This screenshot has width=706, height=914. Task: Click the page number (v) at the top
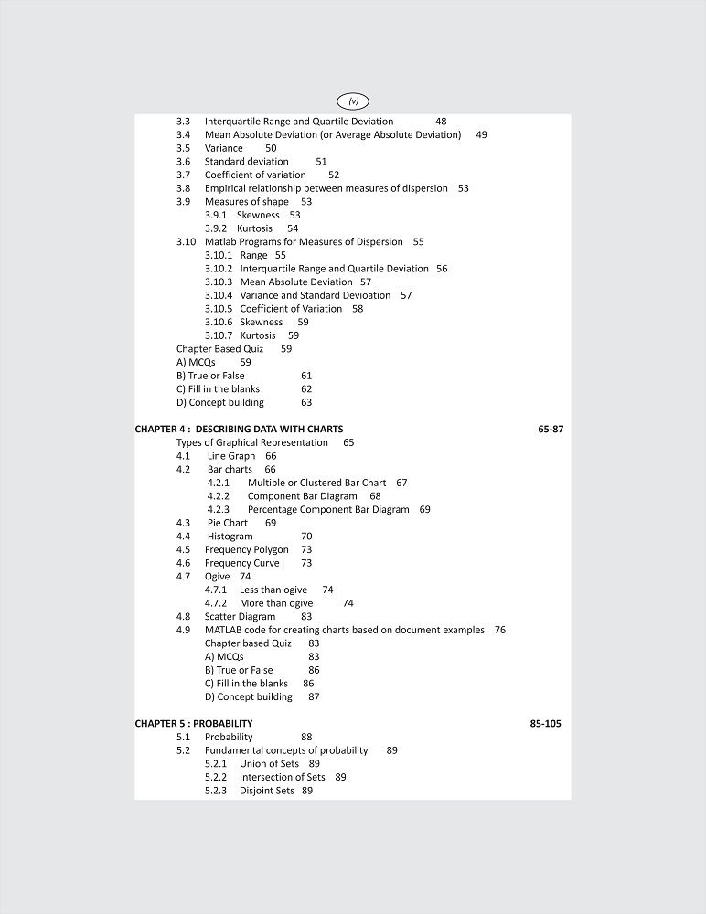[x=353, y=101]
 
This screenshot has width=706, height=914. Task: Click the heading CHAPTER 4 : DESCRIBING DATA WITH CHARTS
[x=239, y=429]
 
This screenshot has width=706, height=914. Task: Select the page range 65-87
[x=551, y=429]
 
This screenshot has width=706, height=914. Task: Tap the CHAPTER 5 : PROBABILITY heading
[x=194, y=723]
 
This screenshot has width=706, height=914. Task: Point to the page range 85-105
[x=546, y=723]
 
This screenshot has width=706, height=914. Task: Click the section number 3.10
[x=186, y=242]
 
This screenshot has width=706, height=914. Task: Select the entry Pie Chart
[x=228, y=523]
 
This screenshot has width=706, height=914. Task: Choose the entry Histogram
[x=230, y=537]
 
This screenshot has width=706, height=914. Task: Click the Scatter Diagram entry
[x=240, y=617]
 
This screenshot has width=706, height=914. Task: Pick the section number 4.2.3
[x=218, y=509]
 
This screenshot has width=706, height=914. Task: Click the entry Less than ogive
[x=273, y=590]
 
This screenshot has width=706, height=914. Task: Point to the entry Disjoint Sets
[x=267, y=791]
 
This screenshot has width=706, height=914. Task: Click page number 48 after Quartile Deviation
[x=441, y=122]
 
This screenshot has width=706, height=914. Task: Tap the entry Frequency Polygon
[x=246, y=550]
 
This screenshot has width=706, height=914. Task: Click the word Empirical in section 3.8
[x=227, y=188]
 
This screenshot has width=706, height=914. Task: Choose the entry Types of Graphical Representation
[x=252, y=442]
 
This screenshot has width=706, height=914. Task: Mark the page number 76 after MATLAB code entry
[x=499, y=630]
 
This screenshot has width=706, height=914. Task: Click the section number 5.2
[x=184, y=750]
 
